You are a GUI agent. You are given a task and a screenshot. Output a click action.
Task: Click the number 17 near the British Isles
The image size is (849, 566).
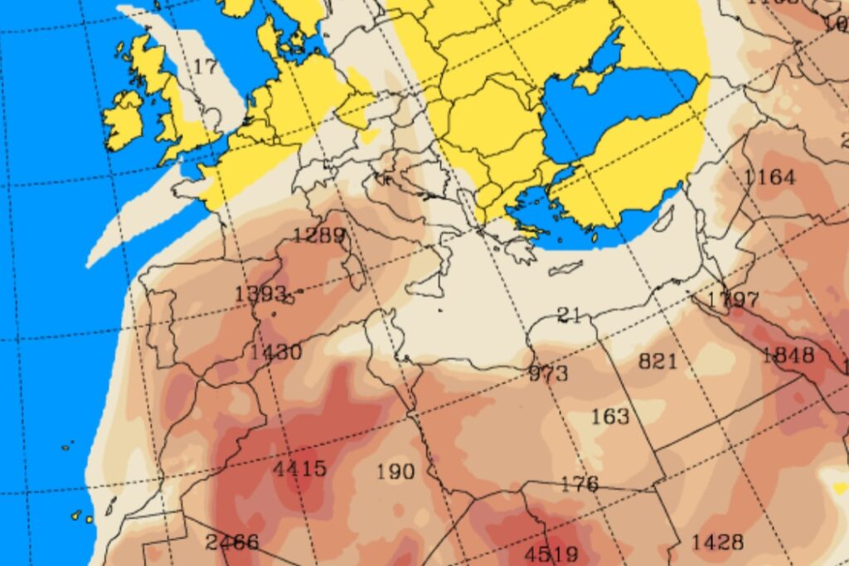[x=205, y=66]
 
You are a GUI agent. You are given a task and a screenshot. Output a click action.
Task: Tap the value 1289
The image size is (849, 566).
[x=319, y=235]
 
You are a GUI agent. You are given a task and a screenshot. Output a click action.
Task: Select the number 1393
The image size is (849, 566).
[x=260, y=293]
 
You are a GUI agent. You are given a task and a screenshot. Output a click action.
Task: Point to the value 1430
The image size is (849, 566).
[x=276, y=351]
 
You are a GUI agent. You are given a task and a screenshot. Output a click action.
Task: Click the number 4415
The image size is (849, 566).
[x=299, y=468]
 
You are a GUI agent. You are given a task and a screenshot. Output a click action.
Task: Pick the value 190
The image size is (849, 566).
[x=395, y=472]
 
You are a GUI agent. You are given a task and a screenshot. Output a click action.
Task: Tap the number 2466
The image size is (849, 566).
[x=232, y=543]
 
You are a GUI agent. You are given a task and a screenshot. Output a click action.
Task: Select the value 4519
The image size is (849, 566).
[x=551, y=554]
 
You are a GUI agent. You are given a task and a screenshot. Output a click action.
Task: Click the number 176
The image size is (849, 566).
[x=580, y=484]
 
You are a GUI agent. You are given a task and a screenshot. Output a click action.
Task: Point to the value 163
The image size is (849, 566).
[x=610, y=416]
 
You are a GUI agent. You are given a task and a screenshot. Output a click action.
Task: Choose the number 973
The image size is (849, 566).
[x=549, y=373]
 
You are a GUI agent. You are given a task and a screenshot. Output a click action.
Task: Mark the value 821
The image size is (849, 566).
[x=658, y=361]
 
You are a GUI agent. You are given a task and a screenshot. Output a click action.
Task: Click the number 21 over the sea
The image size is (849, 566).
[x=569, y=315]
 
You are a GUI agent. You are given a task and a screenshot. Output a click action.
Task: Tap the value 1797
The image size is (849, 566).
[x=733, y=299]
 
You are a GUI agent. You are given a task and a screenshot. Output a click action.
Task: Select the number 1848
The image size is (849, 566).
[x=788, y=356]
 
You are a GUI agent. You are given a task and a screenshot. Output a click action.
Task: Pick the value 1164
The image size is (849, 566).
[x=769, y=177]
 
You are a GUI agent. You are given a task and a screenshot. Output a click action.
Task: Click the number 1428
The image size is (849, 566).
[x=717, y=542]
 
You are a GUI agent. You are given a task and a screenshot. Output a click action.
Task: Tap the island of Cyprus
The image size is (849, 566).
[x=664, y=219]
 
